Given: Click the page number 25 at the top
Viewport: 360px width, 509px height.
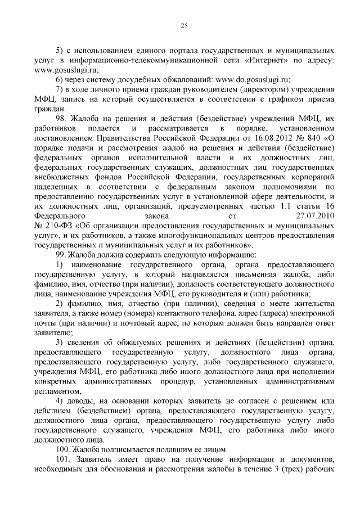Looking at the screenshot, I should click(x=184, y=24).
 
